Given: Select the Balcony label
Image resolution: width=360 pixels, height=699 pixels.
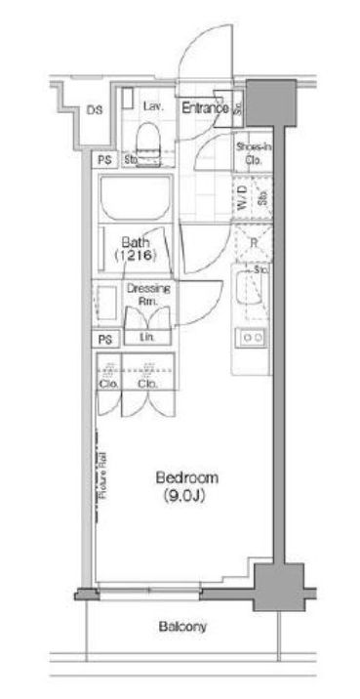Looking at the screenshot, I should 182,628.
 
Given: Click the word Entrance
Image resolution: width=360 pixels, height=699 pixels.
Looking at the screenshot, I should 205,107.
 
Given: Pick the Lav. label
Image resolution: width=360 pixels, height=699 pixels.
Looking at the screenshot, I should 153,105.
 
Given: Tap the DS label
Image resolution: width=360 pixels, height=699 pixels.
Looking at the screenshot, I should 94,110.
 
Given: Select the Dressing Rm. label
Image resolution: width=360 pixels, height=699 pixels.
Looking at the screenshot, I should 142,294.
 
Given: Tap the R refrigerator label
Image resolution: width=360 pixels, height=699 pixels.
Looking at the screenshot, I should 253,241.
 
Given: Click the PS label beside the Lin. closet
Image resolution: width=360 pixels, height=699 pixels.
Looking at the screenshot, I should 104,339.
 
